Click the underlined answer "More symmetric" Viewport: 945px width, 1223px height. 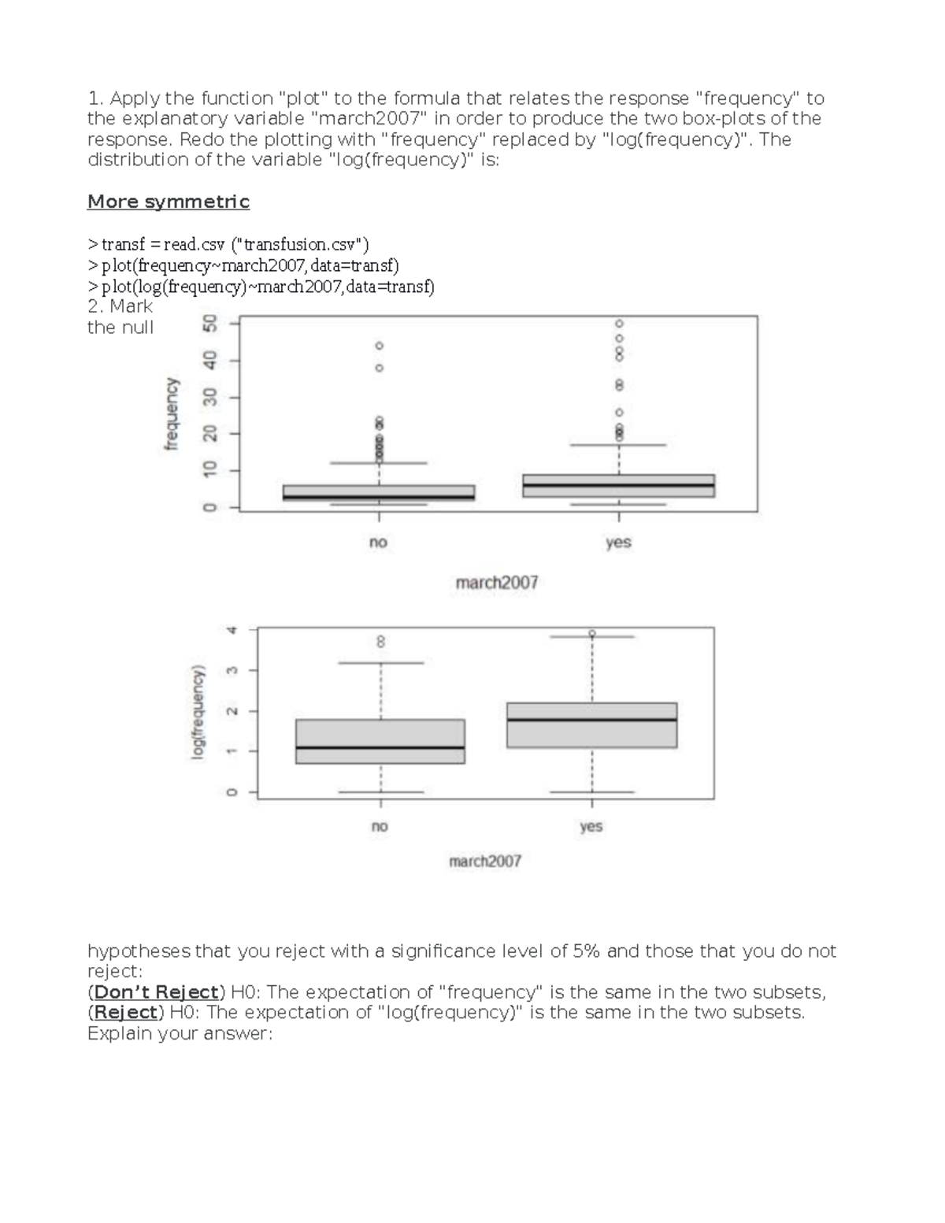click(168, 202)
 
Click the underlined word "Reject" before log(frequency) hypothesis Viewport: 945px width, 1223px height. click(126, 1012)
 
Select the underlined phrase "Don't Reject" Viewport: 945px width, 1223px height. click(156, 991)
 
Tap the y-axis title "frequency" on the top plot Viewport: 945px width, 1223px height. click(172, 413)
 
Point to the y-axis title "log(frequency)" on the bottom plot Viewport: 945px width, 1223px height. click(198, 713)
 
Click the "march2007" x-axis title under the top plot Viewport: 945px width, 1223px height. click(497, 583)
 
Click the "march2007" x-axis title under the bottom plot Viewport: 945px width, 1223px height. click(485, 861)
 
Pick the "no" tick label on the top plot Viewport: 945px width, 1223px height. click(378, 543)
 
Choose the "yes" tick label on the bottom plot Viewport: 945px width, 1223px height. click(591, 826)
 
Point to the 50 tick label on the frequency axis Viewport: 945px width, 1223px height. click(209, 324)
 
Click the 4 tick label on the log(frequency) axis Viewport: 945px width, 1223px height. click(231, 630)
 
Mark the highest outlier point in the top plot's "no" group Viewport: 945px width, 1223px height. click(379, 346)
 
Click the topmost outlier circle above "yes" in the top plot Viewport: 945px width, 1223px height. click(619, 324)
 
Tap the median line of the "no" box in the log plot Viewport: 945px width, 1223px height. click(380, 747)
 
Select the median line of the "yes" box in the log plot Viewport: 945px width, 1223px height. click(591, 719)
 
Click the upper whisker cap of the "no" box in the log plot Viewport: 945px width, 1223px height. click(381, 663)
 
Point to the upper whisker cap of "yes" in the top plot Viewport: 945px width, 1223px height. click(619, 445)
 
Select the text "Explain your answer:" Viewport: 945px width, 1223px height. click(180, 1033)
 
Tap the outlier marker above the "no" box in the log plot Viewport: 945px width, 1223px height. click(380, 642)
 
